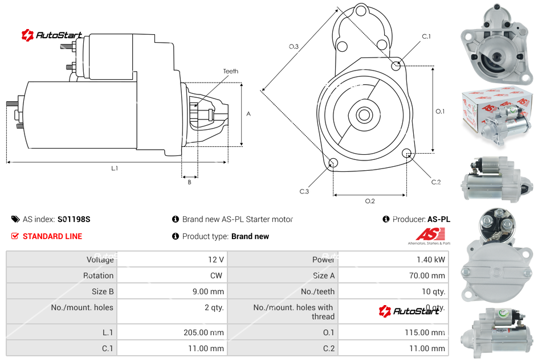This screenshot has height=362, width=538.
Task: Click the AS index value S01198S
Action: [74, 219]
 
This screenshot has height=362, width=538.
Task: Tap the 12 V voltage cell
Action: [215, 260]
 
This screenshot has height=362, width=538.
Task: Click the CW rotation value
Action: [217, 275]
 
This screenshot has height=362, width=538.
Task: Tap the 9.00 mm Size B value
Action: [209, 291]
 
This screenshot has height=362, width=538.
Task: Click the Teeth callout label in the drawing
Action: [230, 71]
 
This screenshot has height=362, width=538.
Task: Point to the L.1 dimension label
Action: [115, 168]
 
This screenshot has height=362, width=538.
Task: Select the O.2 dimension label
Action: [369, 201]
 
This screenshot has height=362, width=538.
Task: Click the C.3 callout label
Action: [304, 192]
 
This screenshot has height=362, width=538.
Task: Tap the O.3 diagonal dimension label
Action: [294, 47]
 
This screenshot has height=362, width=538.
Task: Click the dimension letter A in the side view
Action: [248, 114]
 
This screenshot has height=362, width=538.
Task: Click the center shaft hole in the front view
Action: [364, 115]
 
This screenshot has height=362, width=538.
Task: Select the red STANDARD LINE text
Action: [52, 236]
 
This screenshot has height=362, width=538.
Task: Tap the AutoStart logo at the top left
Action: [52, 35]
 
